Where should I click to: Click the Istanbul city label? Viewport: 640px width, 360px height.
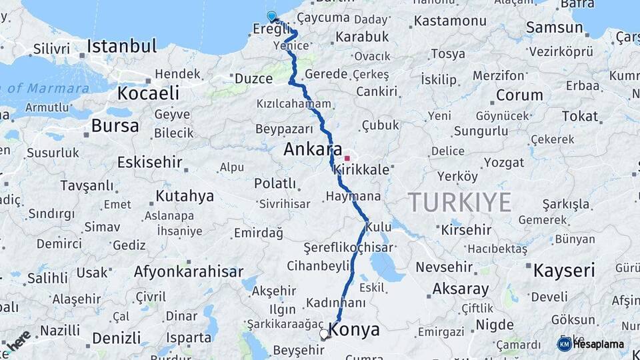click(x=122, y=46)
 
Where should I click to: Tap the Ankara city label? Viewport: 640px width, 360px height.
click(x=313, y=149)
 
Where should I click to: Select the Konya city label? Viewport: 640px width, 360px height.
click(x=355, y=329)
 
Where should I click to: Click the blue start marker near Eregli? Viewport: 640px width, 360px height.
click(x=271, y=17)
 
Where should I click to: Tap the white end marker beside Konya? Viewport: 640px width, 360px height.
click(x=324, y=333)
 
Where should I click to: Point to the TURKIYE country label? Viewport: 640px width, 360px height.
click(x=459, y=201)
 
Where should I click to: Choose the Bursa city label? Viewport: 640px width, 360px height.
click(x=115, y=125)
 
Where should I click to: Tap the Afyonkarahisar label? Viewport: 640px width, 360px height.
click(x=189, y=271)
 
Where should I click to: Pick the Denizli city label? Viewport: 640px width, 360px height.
click(x=117, y=337)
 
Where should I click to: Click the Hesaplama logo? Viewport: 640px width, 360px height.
click(x=591, y=344)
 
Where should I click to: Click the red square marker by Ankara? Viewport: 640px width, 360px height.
click(x=347, y=158)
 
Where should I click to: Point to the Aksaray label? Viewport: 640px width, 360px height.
click(x=460, y=289)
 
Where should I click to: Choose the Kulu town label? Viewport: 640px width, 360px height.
click(x=379, y=227)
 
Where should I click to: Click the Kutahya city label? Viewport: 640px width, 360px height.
click(x=185, y=196)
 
